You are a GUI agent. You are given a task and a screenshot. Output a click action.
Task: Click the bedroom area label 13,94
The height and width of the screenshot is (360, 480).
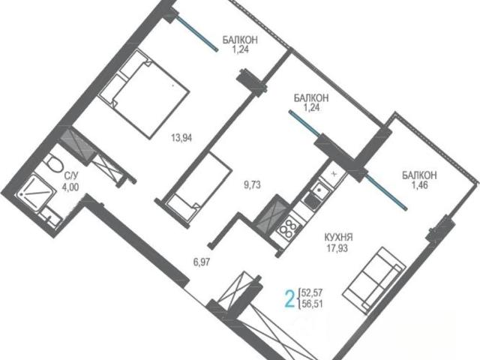coord(181,138)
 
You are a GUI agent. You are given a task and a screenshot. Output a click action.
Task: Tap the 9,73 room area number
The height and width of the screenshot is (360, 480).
coord(252,185)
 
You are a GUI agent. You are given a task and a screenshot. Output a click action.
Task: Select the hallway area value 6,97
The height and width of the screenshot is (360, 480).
coord(202,262)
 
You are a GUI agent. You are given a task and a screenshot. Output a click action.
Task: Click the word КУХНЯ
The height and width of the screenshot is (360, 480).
coord(338,237)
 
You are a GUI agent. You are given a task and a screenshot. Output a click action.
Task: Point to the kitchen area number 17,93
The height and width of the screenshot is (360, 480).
coord(337,247)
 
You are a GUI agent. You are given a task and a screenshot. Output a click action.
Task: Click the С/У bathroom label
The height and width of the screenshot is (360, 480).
coord(71,175)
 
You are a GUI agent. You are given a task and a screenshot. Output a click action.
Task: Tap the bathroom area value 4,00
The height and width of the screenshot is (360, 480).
coord(70,186)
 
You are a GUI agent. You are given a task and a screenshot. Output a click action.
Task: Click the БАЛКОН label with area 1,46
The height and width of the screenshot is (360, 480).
coord(419,175)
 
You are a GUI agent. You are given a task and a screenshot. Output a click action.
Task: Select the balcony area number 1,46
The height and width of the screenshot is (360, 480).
coord(420,185)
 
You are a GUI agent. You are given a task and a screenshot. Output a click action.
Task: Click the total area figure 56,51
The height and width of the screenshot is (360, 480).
coord(312,304)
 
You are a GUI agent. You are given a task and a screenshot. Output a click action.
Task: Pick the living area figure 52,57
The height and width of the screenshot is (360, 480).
coord(312,293)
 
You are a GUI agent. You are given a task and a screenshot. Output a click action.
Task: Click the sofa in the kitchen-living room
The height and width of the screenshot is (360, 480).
coord(374,280)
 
